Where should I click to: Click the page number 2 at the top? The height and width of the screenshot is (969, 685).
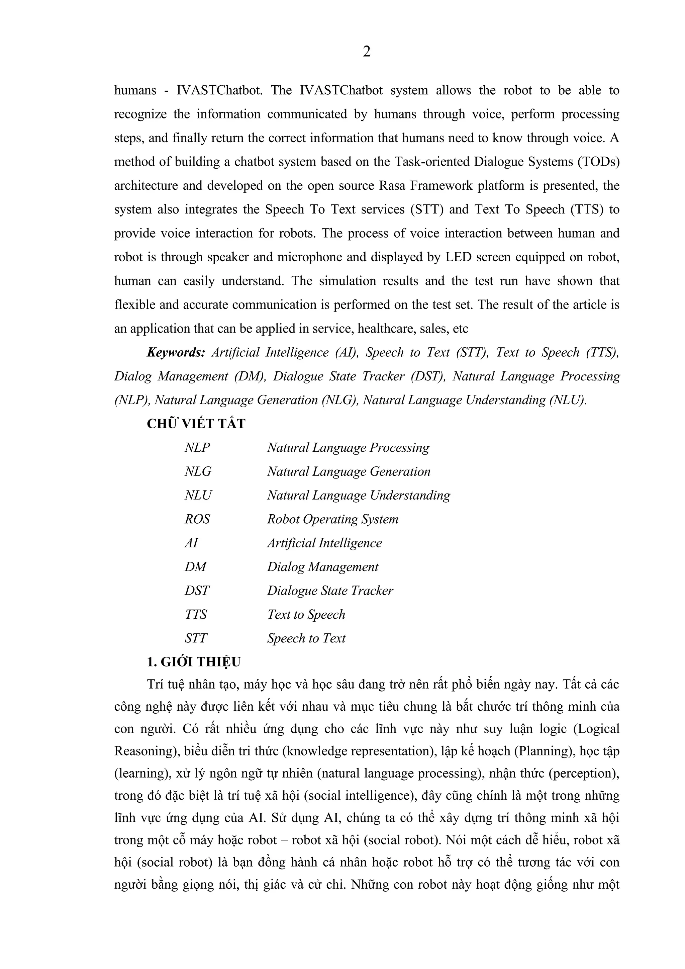pyautogui.click(x=367, y=52)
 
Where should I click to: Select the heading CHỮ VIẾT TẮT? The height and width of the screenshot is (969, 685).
pyautogui.click(x=196, y=424)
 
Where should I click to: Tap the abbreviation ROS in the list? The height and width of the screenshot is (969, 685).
pyautogui.click(x=197, y=519)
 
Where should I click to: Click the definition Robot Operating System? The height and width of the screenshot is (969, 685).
pyautogui.click(x=332, y=519)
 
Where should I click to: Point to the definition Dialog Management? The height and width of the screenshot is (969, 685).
pyautogui.click(x=323, y=567)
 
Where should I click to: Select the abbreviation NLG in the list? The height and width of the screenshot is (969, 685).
pyautogui.click(x=198, y=471)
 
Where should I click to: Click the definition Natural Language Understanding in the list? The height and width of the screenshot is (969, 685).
pyautogui.click(x=359, y=495)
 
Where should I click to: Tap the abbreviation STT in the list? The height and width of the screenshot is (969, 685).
pyautogui.click(x=196, y=638)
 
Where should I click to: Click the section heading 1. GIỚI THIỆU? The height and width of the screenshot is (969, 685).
pyautogui.click(x=194, y=662)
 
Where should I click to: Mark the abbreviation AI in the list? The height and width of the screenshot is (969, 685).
pyautogui.click(x=191, y=543)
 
